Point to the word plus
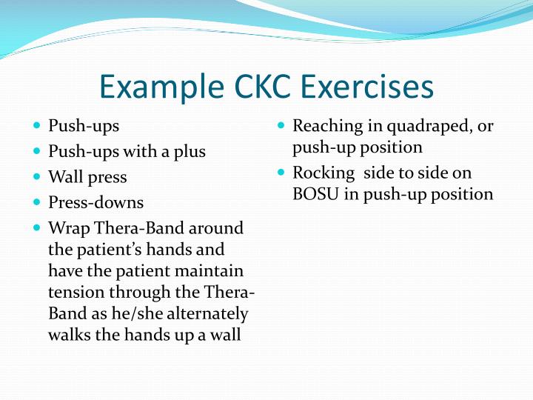tap(188, 152)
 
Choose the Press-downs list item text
tap(95, 202)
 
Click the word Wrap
tap(67, 228)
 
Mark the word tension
tap(76, 293)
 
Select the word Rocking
tap(323, 173)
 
